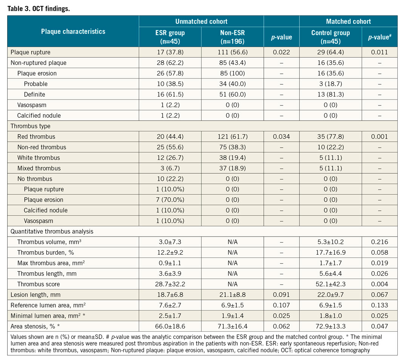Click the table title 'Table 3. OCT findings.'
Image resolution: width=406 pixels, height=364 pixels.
38,9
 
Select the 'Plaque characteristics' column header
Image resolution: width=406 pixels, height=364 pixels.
73,31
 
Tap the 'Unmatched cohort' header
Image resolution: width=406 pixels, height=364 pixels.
201,21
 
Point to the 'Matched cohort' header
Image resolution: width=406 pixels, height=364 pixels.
348,21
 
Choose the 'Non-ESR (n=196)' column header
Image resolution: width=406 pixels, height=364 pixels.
232,37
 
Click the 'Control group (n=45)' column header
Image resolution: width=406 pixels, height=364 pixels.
330,37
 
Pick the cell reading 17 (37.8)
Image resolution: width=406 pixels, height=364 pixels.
169,52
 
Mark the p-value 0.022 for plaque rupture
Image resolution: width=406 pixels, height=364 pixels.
281,52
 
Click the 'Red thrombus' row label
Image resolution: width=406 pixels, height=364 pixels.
36,137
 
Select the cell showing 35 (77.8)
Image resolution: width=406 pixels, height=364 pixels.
330,137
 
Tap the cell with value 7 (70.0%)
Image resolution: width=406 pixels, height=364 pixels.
169,200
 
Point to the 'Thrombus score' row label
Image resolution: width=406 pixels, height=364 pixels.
38,284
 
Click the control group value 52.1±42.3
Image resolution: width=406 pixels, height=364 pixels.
330,284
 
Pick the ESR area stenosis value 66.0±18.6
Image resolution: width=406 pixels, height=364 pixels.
169,326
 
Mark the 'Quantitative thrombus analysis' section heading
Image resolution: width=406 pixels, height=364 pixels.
52,231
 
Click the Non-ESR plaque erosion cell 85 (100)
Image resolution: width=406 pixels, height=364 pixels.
232,73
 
